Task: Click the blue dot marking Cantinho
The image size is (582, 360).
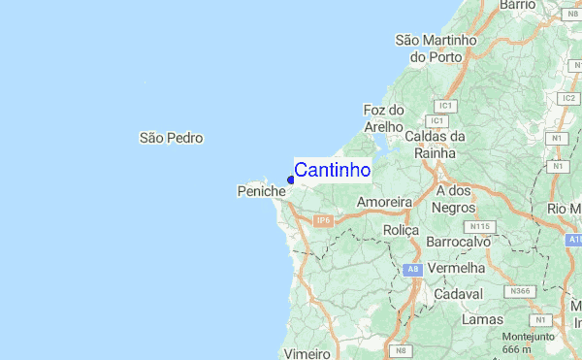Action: click(x=291, y=180)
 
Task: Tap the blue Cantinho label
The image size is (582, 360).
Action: click(x=332, y=171)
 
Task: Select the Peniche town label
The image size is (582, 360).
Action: click(x=262, y=192)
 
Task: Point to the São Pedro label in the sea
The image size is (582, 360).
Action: click(x=172, y=139)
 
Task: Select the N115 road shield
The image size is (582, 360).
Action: click(x=481, y=226)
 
